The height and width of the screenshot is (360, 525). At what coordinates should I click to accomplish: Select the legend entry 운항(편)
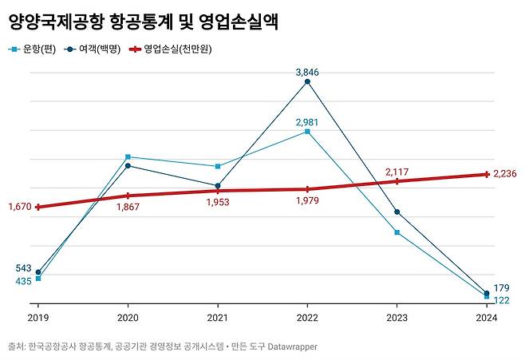point(29,49)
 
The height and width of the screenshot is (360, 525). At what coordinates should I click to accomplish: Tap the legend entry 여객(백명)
point(91,49)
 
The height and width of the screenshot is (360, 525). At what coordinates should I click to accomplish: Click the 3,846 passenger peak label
point(307,72)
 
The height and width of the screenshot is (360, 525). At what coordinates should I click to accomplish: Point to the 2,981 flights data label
point(307,122)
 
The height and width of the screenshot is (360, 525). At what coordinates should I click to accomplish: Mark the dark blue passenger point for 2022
point(307,81)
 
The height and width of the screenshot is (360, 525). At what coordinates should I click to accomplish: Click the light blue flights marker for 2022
point(307,131)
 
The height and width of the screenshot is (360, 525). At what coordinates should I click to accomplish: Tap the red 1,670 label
point(18,207)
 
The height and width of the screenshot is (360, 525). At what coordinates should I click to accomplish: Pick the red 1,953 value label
point(217,203)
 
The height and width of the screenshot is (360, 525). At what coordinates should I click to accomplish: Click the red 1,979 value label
point(307,201)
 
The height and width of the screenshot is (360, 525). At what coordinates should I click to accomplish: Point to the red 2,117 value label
point(397,171)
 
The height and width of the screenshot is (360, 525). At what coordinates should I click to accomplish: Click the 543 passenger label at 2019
point(23,268)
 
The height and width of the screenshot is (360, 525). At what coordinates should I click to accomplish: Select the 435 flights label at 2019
point(23,281)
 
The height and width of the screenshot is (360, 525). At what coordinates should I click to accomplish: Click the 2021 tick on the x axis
point(217,318)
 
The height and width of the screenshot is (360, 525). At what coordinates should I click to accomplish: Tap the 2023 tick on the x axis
point(397,318)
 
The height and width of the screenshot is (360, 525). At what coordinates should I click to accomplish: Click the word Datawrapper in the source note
point(289,346)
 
